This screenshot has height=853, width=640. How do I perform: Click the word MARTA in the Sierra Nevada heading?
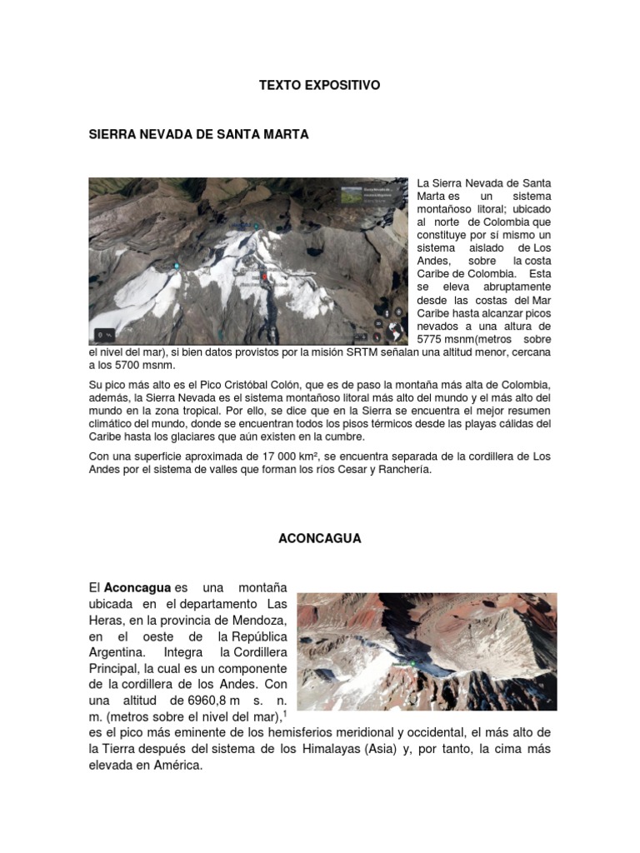[x=284, y=134]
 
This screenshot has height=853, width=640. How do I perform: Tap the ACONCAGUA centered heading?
[x=319, y=538]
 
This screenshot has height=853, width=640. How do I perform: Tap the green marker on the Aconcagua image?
[x=412, y=663]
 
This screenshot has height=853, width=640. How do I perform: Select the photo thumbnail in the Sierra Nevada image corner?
[x=352, y=197]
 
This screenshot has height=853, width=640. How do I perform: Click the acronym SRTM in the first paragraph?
[x=344, y=352]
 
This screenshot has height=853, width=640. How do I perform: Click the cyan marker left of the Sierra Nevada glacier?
[x=177, y=266]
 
